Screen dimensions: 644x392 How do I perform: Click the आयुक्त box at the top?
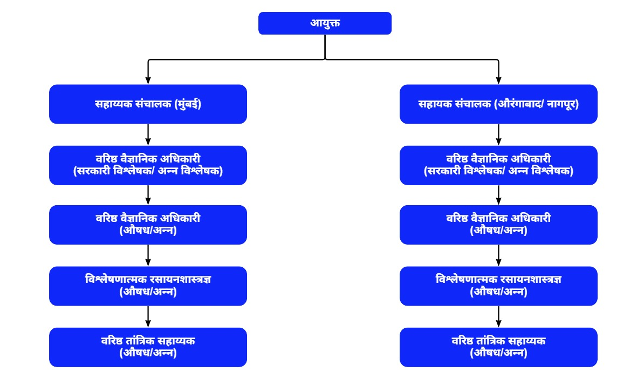tap(325, 23)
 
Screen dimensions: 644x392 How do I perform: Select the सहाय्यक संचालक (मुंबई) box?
tap(148, 104)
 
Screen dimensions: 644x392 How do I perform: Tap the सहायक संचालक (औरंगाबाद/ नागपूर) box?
tap(498, 104)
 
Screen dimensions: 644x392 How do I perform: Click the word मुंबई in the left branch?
tap(188, 104)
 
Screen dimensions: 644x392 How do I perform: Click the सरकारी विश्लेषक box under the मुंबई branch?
tap(148, 165)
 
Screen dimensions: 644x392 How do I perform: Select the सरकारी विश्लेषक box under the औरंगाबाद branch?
tap(498, 165)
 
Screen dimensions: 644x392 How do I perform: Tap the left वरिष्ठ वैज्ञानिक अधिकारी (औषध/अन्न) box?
tap(148, 225)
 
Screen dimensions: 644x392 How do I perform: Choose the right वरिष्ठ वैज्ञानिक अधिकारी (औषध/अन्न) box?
tap(498, 225)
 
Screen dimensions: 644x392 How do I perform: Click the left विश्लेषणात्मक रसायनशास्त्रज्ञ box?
tap(148, 286)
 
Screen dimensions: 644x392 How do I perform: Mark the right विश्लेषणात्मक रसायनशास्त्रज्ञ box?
tap(498, 286)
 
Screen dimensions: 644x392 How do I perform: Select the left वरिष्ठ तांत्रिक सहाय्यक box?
tap(148, 347)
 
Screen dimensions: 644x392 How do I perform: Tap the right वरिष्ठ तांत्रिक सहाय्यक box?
tap(498, 347)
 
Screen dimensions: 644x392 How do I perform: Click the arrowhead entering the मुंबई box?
tap(148, 80)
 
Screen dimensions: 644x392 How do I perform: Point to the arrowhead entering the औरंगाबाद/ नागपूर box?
tap(498, 80)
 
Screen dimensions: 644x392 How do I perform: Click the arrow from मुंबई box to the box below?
tap(148, 134)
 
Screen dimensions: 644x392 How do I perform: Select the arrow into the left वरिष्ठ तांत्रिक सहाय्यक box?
tap(148, 317)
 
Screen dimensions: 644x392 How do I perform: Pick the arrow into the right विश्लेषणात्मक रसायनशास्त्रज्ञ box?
tap(498, 255)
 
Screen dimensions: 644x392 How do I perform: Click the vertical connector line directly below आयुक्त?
tap(325, 47)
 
